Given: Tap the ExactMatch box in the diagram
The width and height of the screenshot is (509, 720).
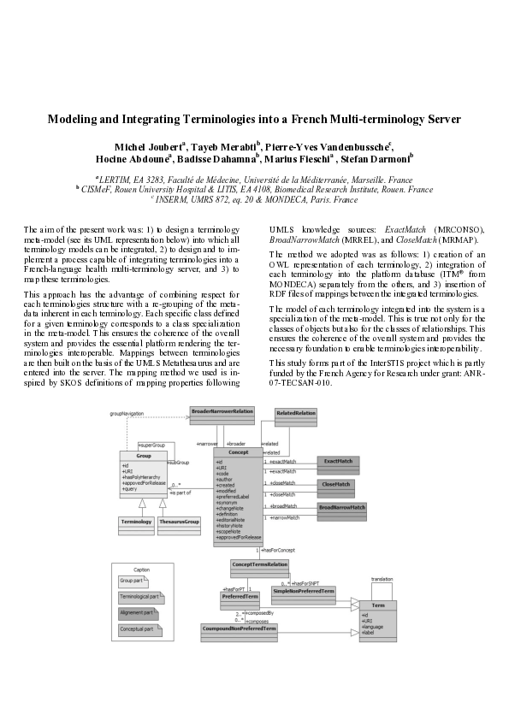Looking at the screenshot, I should (336, 462).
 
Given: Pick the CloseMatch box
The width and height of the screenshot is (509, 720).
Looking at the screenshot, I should (336, 485).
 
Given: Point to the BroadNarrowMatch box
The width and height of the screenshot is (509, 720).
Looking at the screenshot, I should (342, 508).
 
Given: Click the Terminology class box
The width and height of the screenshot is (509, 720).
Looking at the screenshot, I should (135, 522).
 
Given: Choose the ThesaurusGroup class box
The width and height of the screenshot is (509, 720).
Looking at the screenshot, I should (179, 522).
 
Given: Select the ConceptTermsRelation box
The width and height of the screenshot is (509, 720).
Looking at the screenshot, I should (259, 564).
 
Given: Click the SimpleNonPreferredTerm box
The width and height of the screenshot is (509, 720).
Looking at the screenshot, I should (303, 592).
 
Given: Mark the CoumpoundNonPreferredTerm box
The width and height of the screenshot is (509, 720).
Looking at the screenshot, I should (240, 629).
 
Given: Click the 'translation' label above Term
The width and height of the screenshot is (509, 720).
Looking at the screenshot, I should (382, 579).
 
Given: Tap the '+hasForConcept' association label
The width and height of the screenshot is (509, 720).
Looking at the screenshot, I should (278, 550).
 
